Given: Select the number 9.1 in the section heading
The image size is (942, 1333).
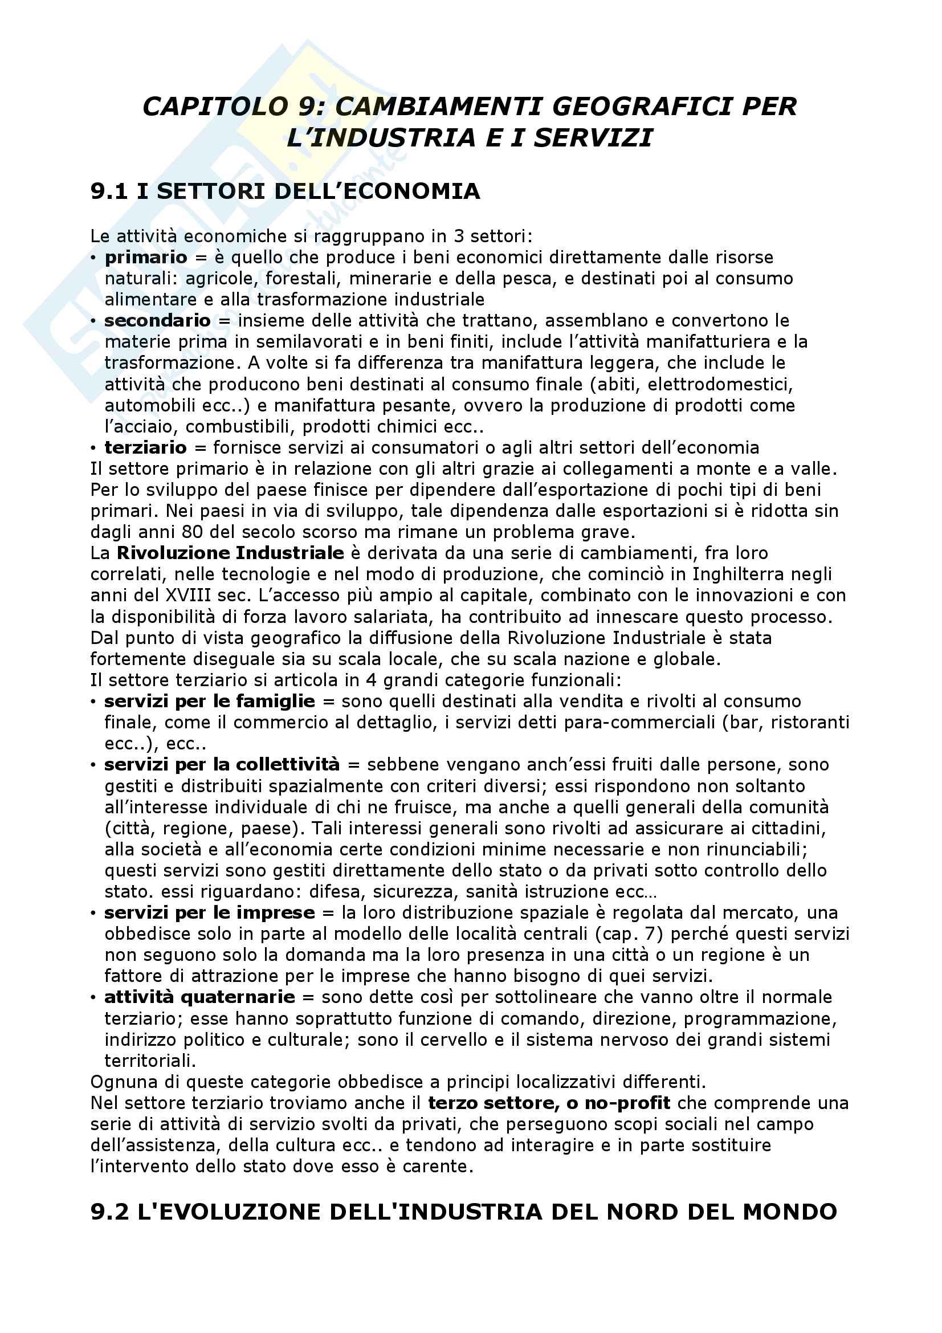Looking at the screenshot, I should [x=109, y=191].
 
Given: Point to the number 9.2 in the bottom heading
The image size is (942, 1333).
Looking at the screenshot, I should [x=109, y=1212].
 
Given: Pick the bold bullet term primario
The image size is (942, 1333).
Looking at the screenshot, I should [x=146, y=257].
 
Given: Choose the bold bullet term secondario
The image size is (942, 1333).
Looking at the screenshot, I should [x=157, y=320].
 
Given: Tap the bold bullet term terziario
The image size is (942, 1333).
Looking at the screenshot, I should [x=146, y=447].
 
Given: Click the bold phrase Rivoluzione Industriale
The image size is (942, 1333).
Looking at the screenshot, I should [x=230, y=553].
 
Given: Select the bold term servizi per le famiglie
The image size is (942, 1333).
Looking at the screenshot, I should [x=210, y=702].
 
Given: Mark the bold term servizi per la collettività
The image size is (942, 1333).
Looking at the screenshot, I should [x=222, y=765].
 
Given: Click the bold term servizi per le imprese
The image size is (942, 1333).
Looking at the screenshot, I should [x=210, y=912].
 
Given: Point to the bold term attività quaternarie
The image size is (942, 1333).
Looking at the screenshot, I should [x=199, y=997].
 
